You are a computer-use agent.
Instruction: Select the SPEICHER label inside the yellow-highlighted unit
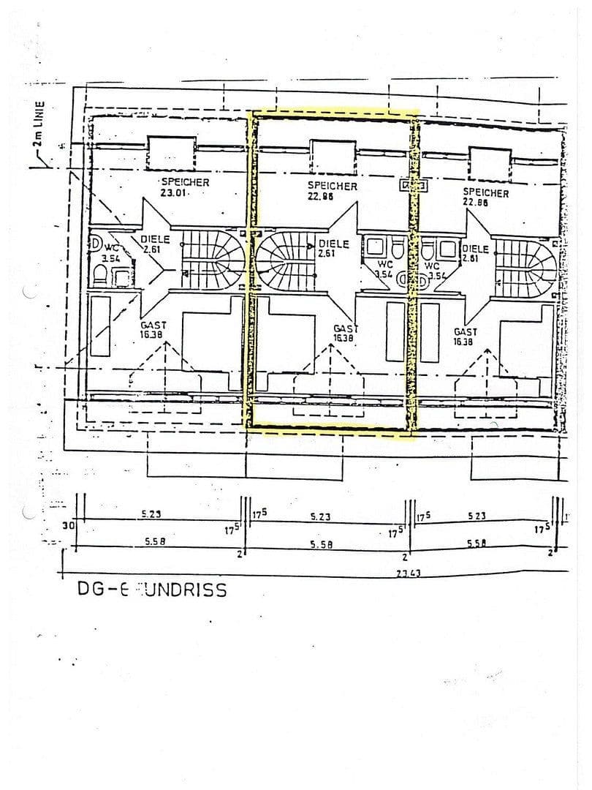(x=332, y=192)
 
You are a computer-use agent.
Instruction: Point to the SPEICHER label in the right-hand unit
(x=485, y=197)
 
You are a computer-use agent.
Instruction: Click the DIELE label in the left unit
(x=155, y=244)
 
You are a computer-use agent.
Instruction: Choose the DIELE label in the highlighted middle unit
(x=333, y=249)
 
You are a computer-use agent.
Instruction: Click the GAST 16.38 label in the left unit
(x=153, y=329)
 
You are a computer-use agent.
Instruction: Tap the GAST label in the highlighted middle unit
(x=344, y=334)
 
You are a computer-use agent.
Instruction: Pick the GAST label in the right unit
(x=465, y=336)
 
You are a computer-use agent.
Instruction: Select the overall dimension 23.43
(x=408, y=575)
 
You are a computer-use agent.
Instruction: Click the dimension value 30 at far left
(x=67, y=525)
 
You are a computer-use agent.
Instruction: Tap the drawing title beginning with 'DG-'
(x=152, y=590)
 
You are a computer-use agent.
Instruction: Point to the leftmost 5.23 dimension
(x=151, y=514)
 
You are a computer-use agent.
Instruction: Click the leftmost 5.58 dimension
(x=153, y=542)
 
